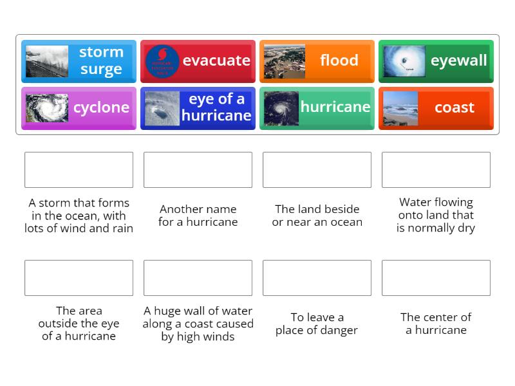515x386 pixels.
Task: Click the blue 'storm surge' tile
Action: pos(79,61)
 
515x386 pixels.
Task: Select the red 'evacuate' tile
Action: pos(198,61)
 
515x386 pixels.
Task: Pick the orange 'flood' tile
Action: pos(317,61)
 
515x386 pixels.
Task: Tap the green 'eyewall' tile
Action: pos(436,61)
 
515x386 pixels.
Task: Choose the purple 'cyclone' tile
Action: pos(79,108)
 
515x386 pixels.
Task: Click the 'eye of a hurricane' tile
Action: pos(198,108)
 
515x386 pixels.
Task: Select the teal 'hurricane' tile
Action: pos(317,108)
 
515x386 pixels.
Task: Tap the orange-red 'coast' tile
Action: pos(436,108)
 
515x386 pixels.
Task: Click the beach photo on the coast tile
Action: pos(400,108)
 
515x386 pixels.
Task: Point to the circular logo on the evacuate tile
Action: pos(162,61)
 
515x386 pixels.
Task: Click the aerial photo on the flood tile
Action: pos(284,61)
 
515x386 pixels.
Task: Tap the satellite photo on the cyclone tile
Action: pos(47,108)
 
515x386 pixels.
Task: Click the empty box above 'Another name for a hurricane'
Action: pos(198,170)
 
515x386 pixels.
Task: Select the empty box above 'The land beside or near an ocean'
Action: pos(317,170)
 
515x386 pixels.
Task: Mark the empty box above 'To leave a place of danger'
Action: pos(317,278)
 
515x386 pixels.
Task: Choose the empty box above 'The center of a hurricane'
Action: pos(436,278)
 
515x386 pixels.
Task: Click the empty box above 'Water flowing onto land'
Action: pos(436,170)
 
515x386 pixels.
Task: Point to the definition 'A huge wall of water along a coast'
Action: pos(198,324)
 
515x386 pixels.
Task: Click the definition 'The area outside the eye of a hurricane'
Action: pos(79,324)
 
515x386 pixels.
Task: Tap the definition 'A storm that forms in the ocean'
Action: pos(79,216)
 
